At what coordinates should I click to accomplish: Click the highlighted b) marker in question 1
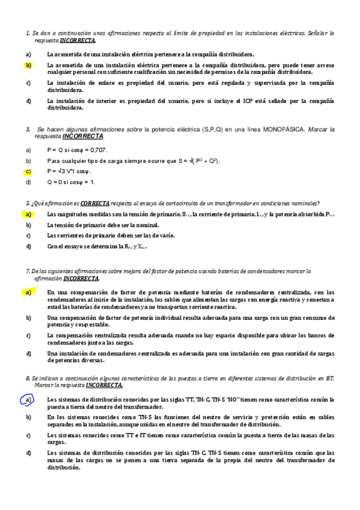point(28,64)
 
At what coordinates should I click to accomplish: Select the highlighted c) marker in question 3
point(28,171)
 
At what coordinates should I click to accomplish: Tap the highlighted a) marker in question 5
point(28,215)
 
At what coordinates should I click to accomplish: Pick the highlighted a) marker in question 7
point(28,292)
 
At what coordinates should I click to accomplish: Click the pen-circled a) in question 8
point(28,399)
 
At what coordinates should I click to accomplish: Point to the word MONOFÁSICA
point(285,129)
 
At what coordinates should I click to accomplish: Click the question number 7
point(28,271)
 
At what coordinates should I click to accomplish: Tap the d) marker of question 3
point(28,182)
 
